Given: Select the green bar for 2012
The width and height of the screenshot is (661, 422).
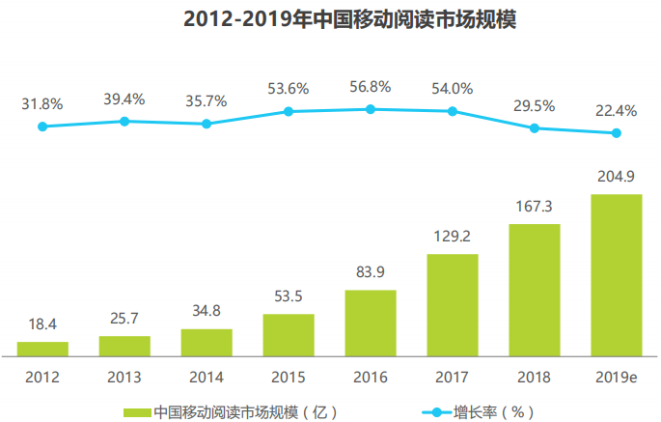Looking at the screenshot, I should click(42, 349).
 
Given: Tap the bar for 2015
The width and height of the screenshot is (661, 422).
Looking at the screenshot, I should click(289, 334).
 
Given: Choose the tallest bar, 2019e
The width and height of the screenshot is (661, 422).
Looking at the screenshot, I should click(616, 274).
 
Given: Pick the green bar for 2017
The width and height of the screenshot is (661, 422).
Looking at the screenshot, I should click(452, 304).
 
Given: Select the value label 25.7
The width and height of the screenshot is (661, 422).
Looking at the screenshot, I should click(124, 318).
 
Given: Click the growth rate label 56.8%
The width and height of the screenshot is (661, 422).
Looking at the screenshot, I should click(370, 87).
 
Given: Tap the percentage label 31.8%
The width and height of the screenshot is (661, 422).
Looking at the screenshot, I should click(42, 103).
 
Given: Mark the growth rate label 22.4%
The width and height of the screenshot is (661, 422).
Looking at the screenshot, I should click(616, 111).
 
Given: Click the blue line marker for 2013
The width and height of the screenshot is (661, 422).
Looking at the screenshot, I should click(124, 121).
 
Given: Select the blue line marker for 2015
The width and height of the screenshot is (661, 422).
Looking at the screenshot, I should click(289, 111).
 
